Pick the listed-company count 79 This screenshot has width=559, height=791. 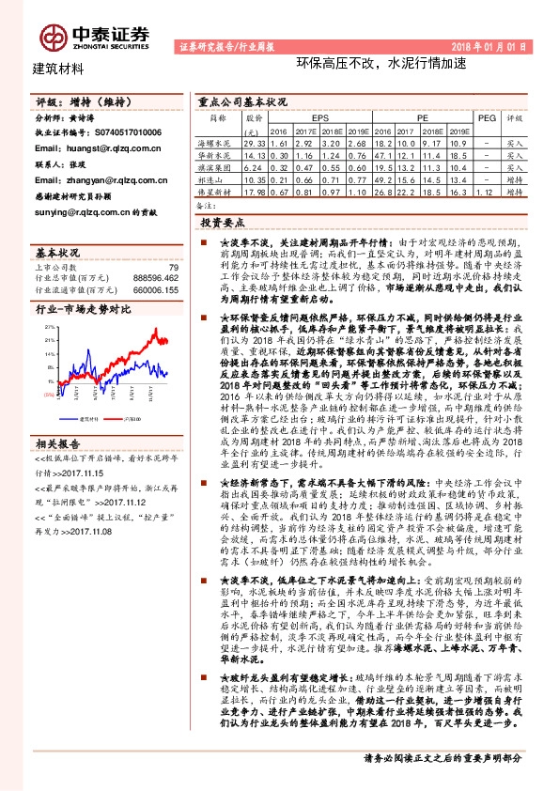tap(172, 268)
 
